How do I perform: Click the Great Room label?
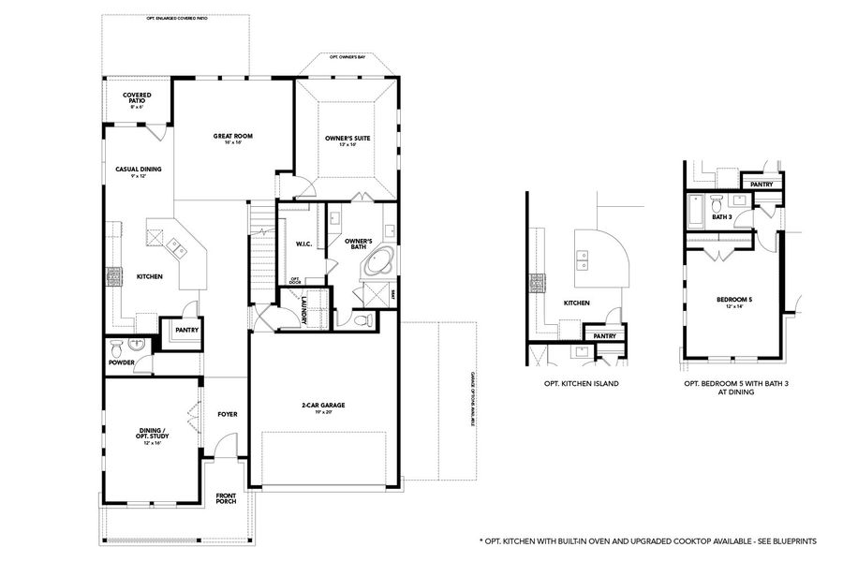coord(232,136)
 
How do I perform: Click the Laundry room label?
coord(304,310)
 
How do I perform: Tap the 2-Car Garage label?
coord(323,405)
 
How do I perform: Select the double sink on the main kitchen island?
coord(175,247)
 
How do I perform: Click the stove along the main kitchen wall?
coord(114,276)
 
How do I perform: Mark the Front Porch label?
coord(226,498)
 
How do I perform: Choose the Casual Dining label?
coord(139,170)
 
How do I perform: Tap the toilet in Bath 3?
coord(717,204)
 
